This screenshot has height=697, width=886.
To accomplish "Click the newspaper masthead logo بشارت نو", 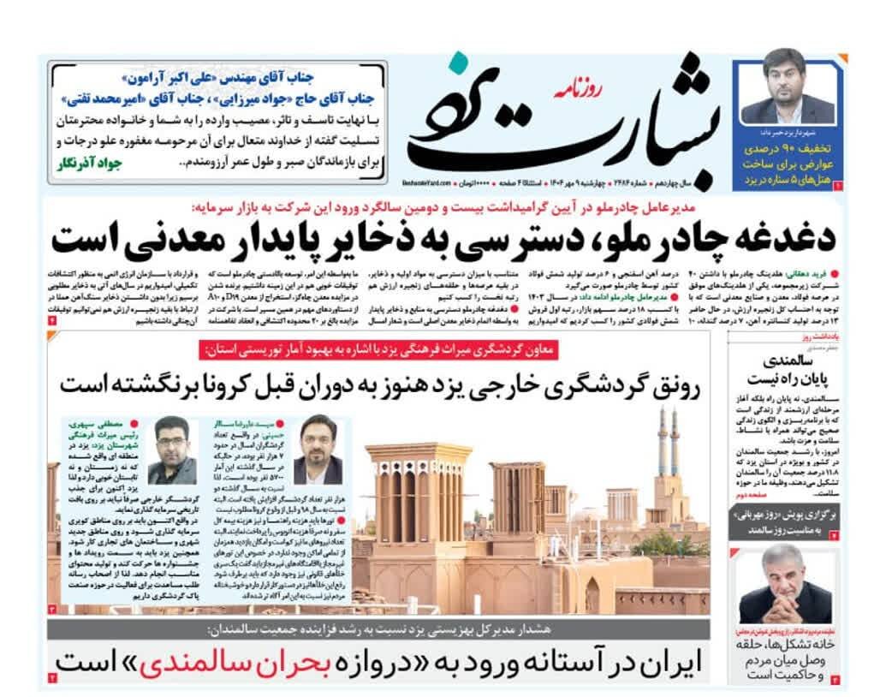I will point(556,120).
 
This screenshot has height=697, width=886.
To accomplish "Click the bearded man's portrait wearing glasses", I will point(318,450).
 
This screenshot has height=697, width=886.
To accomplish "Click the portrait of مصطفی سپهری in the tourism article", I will point(171,450).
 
